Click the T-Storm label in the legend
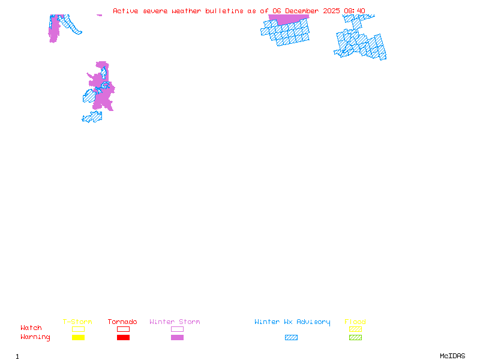tap(77, 322)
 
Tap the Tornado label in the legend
tap(122, 322)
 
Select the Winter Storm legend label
tap(175, 322)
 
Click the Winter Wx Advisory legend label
tap(292, 322)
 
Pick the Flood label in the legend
tap(355, 322)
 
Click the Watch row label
tap(31, 328)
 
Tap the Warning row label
tap(35, 337)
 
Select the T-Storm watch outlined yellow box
tap(78, 329)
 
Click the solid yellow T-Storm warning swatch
tap(78, 338)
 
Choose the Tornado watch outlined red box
tap(123, 329)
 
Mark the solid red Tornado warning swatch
tap(123, 338)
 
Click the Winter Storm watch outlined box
tap(177, 329)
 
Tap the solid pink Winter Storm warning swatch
tap(177, 338)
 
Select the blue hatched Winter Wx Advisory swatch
tap(291, 338)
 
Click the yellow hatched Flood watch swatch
tap(355, 329)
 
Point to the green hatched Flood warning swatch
tap(355, 338)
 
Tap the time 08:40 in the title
tap(354, 11)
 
